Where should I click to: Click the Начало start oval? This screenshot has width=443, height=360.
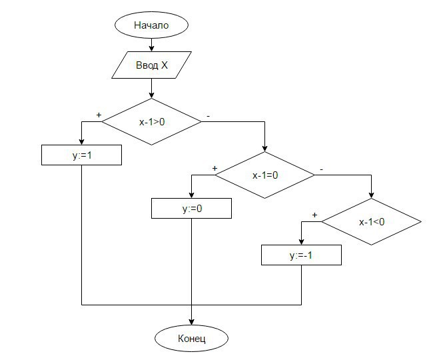tap(152, 26)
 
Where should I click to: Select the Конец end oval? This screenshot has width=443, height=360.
tap(192, 338)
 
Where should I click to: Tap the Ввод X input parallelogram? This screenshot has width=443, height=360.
tap(152, 65)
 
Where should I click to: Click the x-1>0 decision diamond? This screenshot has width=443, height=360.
tap(152, 122)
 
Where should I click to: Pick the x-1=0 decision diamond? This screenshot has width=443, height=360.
tap(265, 175)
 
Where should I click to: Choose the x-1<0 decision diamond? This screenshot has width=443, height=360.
tap(372, 222)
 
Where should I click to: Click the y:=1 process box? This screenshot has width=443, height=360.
tap(81, 155)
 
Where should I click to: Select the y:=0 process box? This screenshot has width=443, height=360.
tap(192, 209)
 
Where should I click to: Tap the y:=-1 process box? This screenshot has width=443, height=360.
tap(301, 255)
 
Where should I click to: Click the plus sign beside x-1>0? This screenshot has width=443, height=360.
tap(99, 115)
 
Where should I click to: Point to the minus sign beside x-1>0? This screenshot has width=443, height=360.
tap(209, 115)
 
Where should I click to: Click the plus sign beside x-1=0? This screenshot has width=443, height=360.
tap(215, 169)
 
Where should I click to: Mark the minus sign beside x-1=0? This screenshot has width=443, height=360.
tap(321, 169)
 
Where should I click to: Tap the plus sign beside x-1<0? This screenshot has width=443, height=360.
tap(314, 215)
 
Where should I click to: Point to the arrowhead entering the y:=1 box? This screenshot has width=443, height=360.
tap(81, 141)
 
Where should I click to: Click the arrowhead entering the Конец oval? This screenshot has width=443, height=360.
tap(192, 322)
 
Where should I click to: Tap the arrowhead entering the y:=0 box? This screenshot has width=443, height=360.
tap(192, 195)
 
